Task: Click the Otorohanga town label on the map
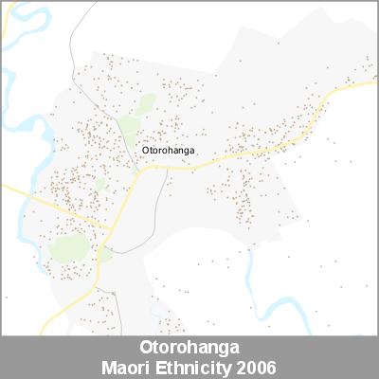[x=169, y=149]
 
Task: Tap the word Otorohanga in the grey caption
[x=189, y=348]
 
